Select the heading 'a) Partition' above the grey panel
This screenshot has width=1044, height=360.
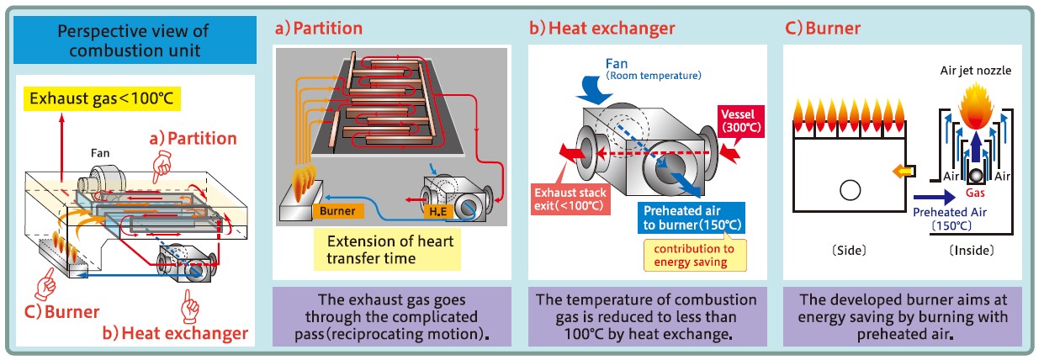pyautogui.click(x=320, y=28)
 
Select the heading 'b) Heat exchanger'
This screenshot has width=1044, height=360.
pyautogui.click(x=602, y=28)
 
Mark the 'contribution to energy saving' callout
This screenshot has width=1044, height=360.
pyautogui.click(x=689, y=255)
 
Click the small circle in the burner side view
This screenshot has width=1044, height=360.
pyautogui.click(x=849, y=191)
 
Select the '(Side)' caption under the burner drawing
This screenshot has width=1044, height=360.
pyautogui.click(x=849, y=250)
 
